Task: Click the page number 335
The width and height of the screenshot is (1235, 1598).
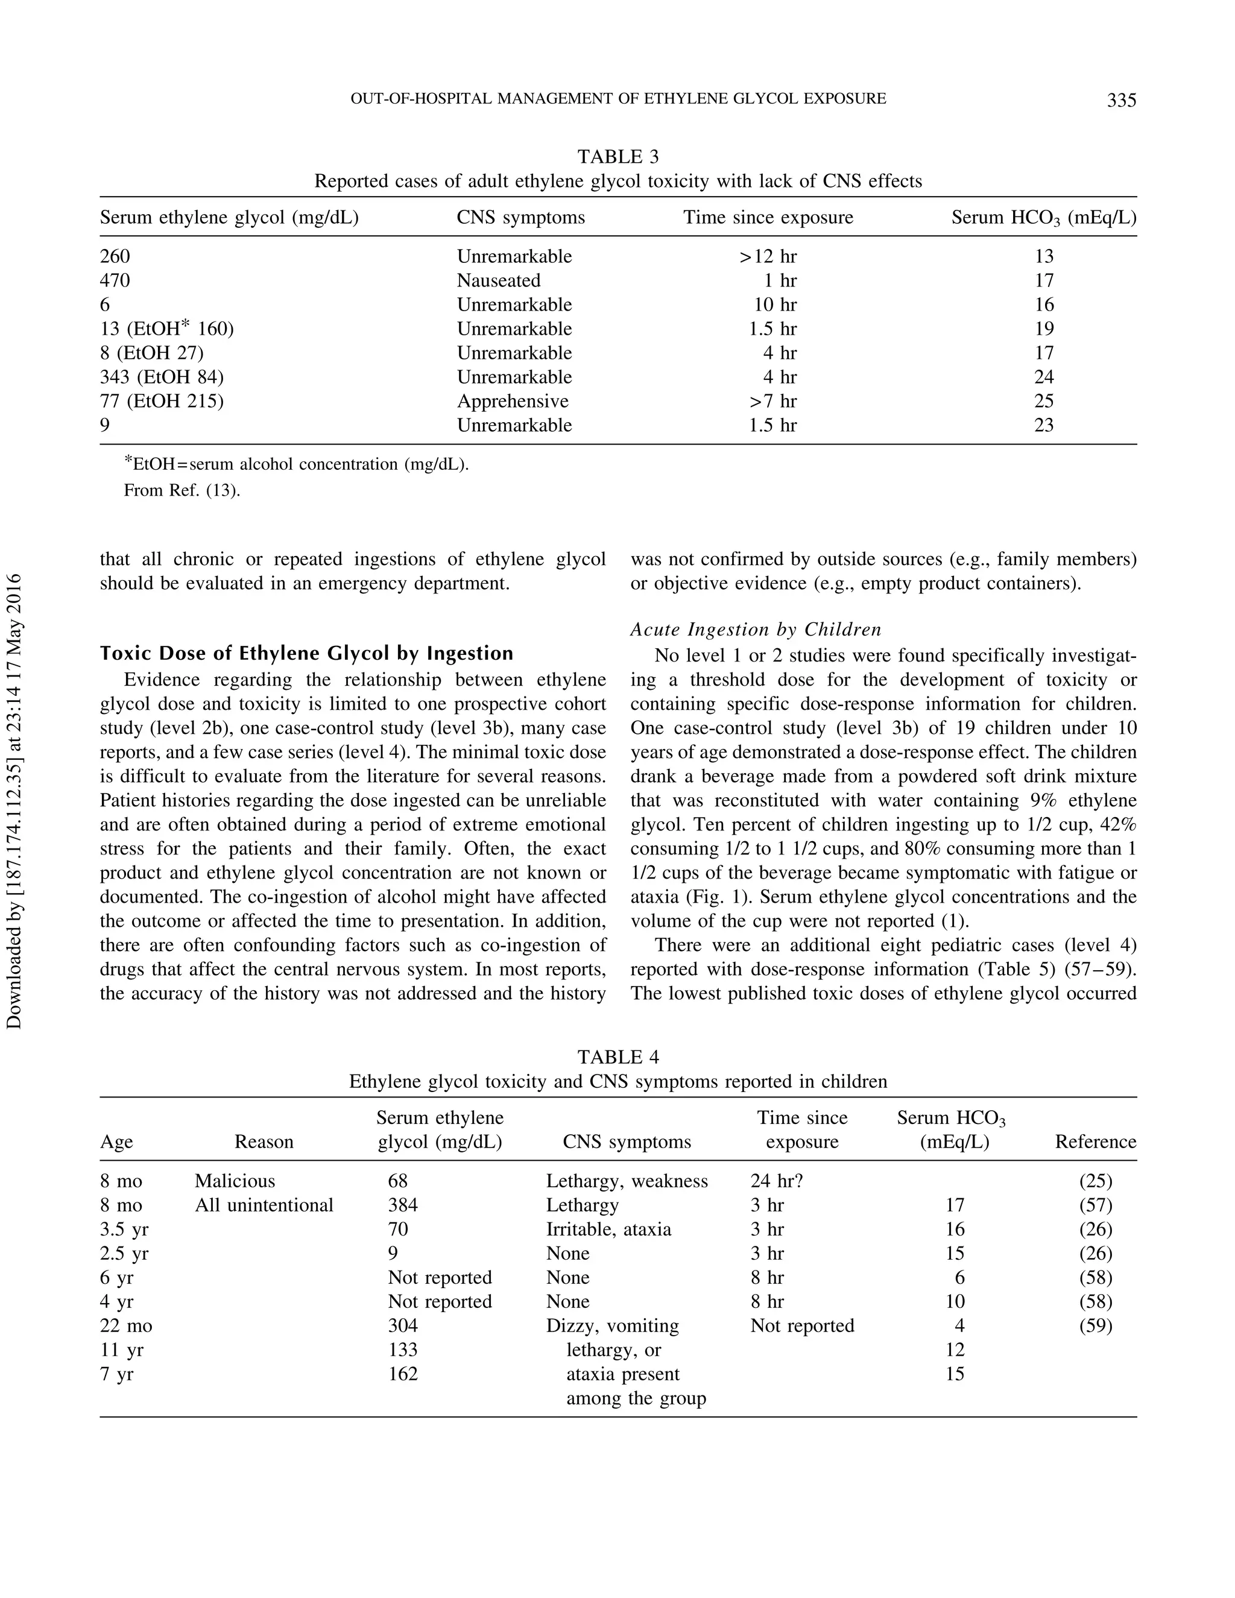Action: click(x=1121, y=100)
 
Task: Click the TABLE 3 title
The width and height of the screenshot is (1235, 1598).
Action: click(x=617, y=157)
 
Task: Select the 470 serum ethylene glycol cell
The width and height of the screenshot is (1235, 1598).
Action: click(x=115, y=280)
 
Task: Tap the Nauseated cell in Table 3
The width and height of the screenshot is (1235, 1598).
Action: click(x=498, y=280)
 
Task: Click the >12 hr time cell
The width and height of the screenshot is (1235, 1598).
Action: click(x=768, y=256)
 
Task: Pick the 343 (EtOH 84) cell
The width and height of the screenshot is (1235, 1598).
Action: click(x=162, y=377)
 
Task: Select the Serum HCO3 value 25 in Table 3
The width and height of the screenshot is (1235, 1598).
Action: click(x=1043, y=401)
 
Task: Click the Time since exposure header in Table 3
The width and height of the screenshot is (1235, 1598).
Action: click(x=768, y=217)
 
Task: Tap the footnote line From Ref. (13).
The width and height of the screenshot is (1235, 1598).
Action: click(x=182, y=490)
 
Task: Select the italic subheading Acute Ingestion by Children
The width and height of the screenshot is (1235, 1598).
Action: click(x=755, y=629)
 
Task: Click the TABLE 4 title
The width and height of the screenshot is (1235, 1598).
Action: click(x=617, y=1056)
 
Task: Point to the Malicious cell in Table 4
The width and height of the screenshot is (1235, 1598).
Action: click(x=235, y=1181)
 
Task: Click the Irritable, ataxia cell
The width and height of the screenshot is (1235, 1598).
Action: click(x=608, y=1229)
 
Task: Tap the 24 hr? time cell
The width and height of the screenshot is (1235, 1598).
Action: click(x=776, y=1181)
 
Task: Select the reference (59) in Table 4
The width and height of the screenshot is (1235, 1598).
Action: click(x=1095, y=1326)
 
